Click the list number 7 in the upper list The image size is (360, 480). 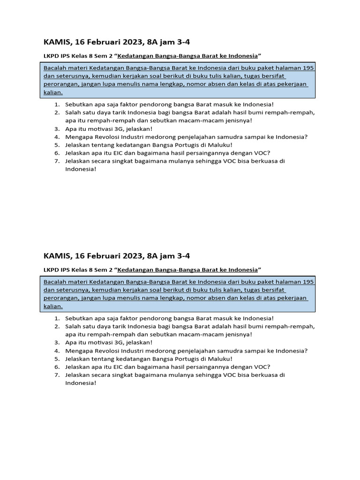coord(56,161)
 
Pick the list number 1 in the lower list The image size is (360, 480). coord(56,318)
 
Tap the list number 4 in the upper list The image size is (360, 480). coord(56,137)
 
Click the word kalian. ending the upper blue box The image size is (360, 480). coord(53,92)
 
